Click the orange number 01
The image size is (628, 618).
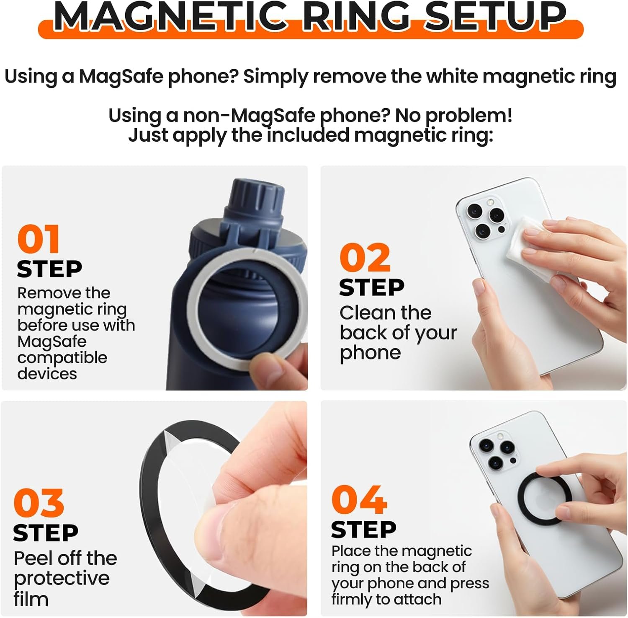[x=39, y=239]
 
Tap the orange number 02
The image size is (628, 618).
[x=365, y=258]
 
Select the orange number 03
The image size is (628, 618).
[x=39, y=502]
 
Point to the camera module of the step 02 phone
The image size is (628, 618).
[x=485, y=217]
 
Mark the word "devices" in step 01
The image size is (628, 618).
[x=47, y=373]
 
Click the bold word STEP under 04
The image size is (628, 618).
[x=363, y=530]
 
